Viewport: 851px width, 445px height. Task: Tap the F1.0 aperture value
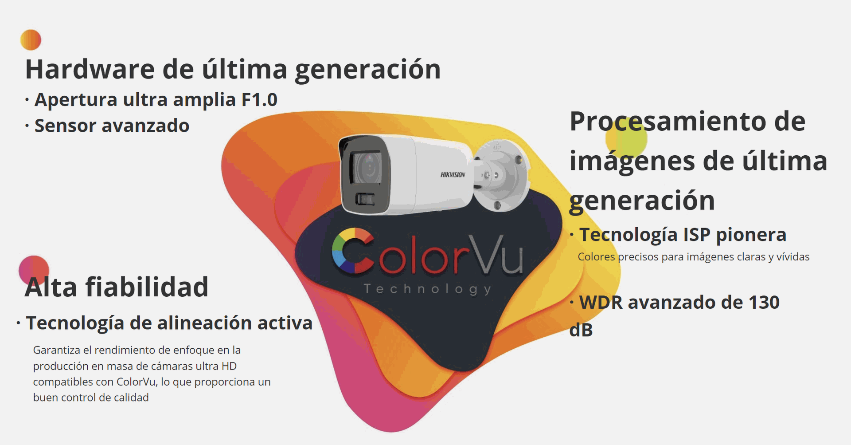coord(259,100)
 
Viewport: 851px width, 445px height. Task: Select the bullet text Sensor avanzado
coord(112,126)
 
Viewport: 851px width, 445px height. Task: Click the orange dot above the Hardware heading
coord(31,40)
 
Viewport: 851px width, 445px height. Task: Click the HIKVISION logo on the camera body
coord(453,175)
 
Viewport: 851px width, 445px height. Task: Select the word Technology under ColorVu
coord(428,289)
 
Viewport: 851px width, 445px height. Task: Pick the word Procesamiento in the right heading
coord(668,121)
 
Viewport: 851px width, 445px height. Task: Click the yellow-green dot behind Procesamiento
coord(626,138)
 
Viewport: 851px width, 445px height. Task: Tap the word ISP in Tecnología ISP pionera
coord(697,235)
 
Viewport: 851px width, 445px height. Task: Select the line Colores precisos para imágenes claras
coord(694,257)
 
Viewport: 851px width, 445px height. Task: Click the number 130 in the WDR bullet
coord(764,303)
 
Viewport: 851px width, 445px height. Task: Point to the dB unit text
coord(581,330)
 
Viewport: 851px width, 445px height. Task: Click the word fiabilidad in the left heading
coord(147,287)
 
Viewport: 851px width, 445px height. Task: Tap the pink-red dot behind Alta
coord(34,270)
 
